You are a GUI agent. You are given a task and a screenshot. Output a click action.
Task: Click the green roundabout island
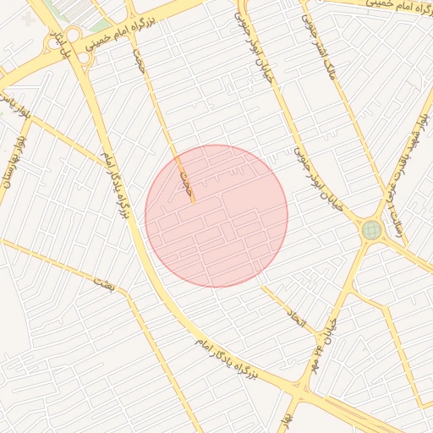pyautogui.click(x=371, y=229)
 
